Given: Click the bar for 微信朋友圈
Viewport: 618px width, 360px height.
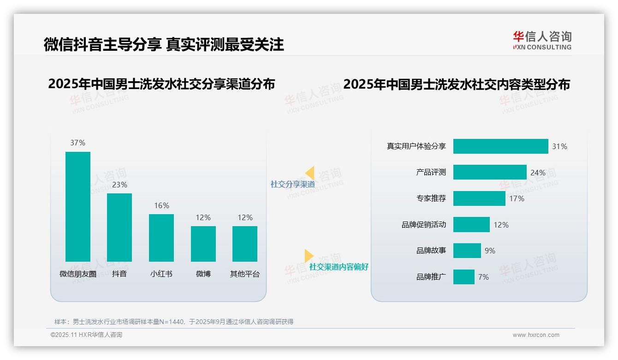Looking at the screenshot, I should click(x=78, y=206).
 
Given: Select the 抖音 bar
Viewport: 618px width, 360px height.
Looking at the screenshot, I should click(x=119, y=227).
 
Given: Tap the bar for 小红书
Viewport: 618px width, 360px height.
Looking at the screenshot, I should click(x=161, y=238).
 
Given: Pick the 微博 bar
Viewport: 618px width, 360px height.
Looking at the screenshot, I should click(x=203, y=244).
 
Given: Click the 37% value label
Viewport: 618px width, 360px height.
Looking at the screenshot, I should click(x=78, y=143).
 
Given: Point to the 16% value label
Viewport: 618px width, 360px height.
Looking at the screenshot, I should click(x=161, y=205).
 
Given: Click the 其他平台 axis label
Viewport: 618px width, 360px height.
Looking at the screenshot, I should click(x=245, y=274).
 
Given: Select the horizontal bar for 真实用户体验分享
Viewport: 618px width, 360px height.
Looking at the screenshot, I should click(x=500, y=146).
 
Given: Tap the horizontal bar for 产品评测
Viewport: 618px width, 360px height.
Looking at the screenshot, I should click(x=490, y=172).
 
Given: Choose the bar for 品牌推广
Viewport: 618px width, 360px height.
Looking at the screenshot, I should click(x=464, y=277).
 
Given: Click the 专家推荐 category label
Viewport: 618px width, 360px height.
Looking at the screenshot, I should click(x=431, y=198).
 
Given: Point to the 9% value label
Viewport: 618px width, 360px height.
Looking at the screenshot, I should click(x=490, y=251).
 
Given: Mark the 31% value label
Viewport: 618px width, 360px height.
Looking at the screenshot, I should click(x=560, y=146).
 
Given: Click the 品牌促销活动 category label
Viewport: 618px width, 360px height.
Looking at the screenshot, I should click(x=424, y=225).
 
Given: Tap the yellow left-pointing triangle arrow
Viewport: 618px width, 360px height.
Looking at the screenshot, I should click(x=309, y=173).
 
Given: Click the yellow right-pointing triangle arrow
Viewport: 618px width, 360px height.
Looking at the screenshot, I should click(x=309, y=256).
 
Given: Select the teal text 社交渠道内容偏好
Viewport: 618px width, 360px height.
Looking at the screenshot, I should click(x=339, y=267).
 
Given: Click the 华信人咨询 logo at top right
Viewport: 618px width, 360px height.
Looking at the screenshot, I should click(x=542, y=40).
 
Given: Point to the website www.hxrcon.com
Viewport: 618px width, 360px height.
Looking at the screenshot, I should click(x=536, y=335).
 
